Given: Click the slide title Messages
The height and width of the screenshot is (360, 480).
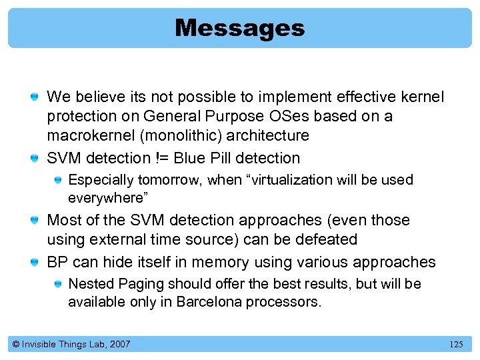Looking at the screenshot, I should point(240,28).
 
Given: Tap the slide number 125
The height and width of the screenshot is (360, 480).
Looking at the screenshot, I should point(456,344).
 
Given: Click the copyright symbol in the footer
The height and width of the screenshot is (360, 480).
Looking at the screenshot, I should point(15,344).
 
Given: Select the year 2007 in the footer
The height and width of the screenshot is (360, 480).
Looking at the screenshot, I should point(119,344).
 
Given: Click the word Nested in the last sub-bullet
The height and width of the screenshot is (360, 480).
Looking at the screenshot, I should point(90,283).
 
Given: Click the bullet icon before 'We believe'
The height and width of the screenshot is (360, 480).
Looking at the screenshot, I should point(33,98).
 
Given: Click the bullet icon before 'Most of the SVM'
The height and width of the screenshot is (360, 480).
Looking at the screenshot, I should point(33,221).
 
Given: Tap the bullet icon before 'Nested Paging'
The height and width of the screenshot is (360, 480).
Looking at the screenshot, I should point(57,285).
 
